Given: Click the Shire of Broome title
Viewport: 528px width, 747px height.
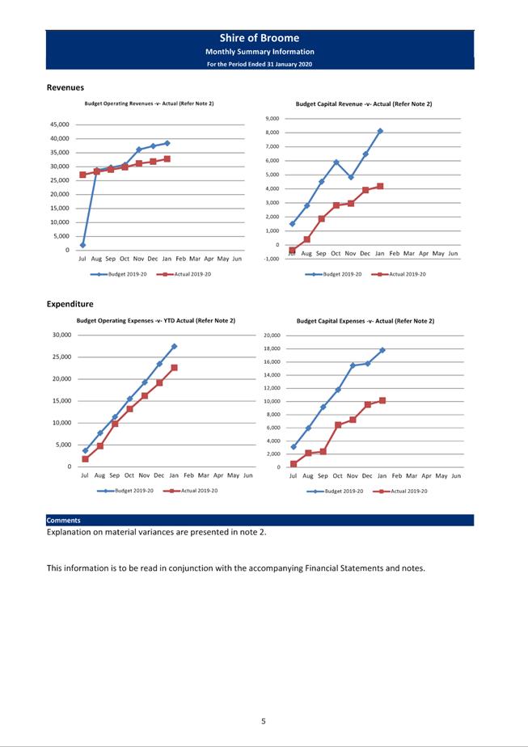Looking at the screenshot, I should tap(259, 38).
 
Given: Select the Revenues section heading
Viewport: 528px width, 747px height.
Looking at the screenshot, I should tap(65, 87).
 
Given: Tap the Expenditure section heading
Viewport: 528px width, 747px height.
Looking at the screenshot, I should tap(70, 304).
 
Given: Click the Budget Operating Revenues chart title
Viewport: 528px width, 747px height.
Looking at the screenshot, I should tap(149, 104).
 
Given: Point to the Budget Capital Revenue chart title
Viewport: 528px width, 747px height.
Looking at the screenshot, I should tap(364, 104).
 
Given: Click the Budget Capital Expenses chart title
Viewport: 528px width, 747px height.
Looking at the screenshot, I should tap(365, 321).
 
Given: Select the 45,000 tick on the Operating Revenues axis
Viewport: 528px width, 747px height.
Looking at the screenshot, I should tap(60, 124).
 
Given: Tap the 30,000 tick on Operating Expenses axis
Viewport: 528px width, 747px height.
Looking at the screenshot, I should tap(61, 335).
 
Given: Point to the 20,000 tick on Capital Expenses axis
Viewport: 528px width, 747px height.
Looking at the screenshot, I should tap(272, 336).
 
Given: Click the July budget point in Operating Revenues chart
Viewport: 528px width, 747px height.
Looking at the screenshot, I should tap(82, 245).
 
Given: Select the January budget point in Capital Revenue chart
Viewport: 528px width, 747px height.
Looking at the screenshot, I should tap(380, 131).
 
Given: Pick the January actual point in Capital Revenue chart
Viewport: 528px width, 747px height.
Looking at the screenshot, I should tap(380, 186).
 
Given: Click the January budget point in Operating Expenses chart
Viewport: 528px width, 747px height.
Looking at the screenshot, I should tap(174, 346).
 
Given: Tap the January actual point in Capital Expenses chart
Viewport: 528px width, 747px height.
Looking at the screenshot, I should tap(382, 400).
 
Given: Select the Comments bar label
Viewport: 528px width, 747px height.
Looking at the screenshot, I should tap(63, 521).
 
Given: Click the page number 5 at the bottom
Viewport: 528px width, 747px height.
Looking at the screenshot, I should tap(263, 721).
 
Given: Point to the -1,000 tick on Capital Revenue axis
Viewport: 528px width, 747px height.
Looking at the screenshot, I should tap(272, 259).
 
